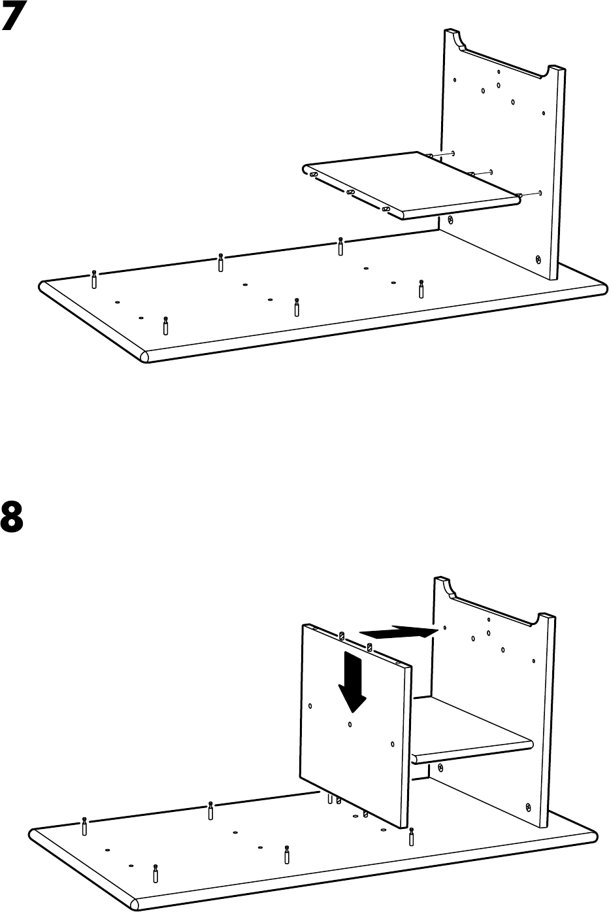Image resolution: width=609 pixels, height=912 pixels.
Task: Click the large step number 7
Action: click(x=17, y=17)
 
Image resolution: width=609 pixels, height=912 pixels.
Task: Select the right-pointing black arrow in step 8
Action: click(x=398, y=632)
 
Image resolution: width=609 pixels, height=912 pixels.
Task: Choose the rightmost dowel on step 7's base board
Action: click(x=421, y=288)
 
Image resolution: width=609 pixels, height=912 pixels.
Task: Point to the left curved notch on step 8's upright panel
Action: click(x=450, y=590)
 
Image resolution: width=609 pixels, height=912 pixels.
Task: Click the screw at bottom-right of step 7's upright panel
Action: click(x=538, y=259)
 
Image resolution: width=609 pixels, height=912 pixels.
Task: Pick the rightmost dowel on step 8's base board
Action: click(x=411, y=836)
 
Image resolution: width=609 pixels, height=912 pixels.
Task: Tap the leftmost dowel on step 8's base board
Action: click(x=85, y=826)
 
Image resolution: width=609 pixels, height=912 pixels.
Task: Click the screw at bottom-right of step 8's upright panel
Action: click(x=529, y=806)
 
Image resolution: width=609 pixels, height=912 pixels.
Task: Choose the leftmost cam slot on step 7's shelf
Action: click(x=314, y=175)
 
